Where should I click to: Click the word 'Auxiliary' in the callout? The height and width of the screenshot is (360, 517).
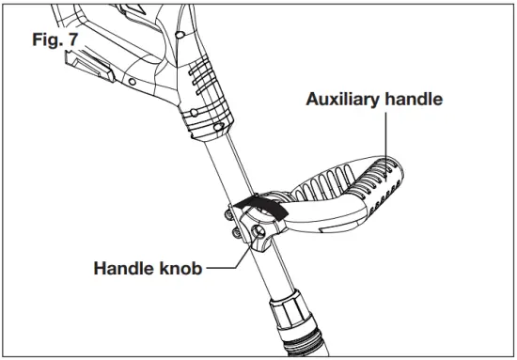pyautogui.click(x=345, y=99)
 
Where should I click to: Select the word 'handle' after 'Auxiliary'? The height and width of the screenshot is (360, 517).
pyautogui.click(x=413, y=99)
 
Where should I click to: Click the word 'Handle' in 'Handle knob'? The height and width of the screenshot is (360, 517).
pyautogui.click(x=124, y=268)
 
